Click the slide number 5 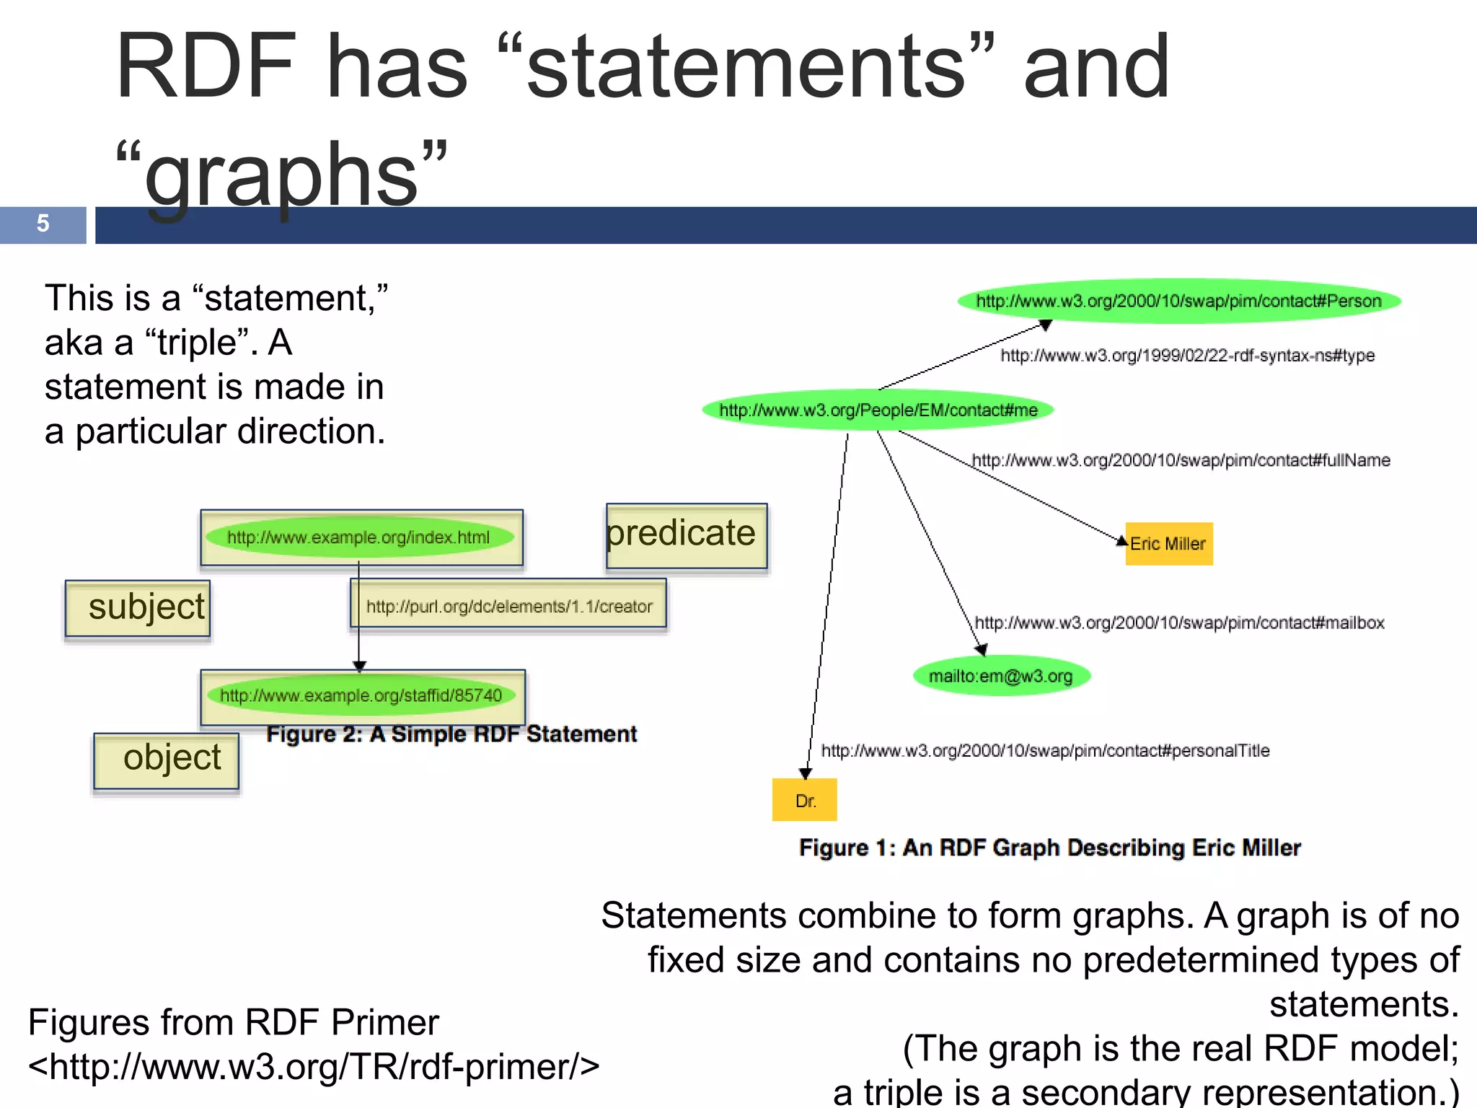43,224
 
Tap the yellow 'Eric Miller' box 1168,544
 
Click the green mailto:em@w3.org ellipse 1001,676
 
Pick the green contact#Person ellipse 1178,301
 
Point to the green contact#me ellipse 878,410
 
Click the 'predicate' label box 686,535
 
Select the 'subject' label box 138,607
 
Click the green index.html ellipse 358,537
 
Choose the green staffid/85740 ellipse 361,695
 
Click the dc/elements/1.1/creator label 508,607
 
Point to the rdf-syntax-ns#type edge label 1187,355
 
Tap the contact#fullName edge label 1181,460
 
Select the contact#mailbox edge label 1179,623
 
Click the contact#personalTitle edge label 1045,751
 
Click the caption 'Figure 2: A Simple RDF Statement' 451,734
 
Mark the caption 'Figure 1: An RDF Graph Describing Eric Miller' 1050,848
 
